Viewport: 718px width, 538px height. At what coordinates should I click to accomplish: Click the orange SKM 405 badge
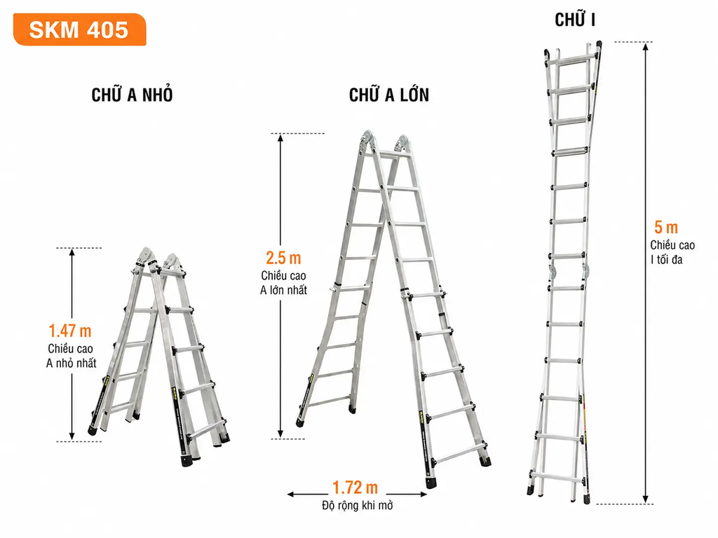pyautogui.click(x=80, y=29)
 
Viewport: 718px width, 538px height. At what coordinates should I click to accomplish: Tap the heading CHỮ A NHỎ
pyautogui.click(x=132, y=95)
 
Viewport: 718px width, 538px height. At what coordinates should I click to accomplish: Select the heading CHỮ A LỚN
pyautogui.click(x=388, y=95)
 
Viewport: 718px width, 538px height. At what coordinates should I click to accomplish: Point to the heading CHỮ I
pyautogui.click(x=575, y=20)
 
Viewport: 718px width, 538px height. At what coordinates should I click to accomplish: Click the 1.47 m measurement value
pyautogui.click(x=70, y=331)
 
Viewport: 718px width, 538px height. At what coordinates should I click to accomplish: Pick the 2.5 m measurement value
pyautogui.click(x=283, y=258)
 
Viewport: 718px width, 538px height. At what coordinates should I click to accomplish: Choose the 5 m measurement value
pyautogui.click(x=666, y=227)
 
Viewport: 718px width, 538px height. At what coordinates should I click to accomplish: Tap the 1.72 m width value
pyautogui.click(x=355, y=488)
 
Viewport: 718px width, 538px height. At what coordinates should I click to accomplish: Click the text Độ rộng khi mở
pyautogui.click(x=357, y=506)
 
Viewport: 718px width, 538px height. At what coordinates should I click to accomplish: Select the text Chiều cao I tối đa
pyautogui.click(x=672, y=252)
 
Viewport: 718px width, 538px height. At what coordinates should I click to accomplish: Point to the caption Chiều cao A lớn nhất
pyautogui.click(x=283, y=283)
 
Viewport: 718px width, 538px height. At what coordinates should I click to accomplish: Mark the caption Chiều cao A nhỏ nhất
pyautogui.click(x=71, y=356)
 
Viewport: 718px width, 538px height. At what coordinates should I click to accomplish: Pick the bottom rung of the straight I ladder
pyautogui.click(x=557, y=476)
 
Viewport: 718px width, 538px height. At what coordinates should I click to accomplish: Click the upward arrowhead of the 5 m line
pyautogui.click(x=646, y=46)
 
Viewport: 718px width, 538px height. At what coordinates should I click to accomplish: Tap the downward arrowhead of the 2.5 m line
pyautogui.click(x=280, y=434)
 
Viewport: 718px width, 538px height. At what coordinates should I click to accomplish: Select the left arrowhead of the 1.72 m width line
pyautogui.click(x=291, y=494)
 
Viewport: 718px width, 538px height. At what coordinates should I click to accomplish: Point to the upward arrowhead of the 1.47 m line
pyautogui.click(x=72, y=252)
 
